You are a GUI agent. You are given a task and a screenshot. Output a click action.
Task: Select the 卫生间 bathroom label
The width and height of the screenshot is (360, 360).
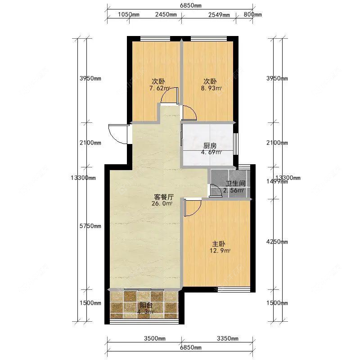coord(235,184)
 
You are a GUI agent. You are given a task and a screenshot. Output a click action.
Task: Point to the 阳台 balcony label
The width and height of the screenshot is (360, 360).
coord(144,305)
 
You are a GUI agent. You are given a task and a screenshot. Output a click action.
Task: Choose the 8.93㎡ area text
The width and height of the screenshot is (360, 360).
coord(211,89)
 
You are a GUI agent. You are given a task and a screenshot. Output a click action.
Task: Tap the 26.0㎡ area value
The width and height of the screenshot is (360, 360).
coord(163,204)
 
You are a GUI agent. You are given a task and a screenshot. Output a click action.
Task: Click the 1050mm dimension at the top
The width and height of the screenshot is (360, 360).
coord(128,14)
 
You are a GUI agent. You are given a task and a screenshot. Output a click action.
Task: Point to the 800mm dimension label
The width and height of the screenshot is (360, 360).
coord(252,14)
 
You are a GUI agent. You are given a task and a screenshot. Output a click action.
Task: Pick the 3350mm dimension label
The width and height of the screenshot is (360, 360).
coord(227,338)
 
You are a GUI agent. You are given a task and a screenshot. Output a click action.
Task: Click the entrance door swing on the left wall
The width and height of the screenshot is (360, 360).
coord(117,134)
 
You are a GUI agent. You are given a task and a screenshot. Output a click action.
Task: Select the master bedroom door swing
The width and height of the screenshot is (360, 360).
coord(193,208)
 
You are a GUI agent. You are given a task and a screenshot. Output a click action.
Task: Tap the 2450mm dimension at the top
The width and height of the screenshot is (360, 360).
coord(166,14)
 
